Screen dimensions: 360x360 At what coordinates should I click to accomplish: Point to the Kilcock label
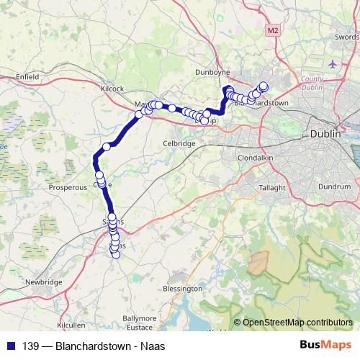point(113,88)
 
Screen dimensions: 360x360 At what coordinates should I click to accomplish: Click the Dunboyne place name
point(212,72)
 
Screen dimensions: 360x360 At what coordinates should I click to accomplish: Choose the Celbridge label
point(179,143)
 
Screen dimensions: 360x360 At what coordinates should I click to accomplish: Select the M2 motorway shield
point(271,31)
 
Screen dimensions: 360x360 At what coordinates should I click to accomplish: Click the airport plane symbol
point(332,63)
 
